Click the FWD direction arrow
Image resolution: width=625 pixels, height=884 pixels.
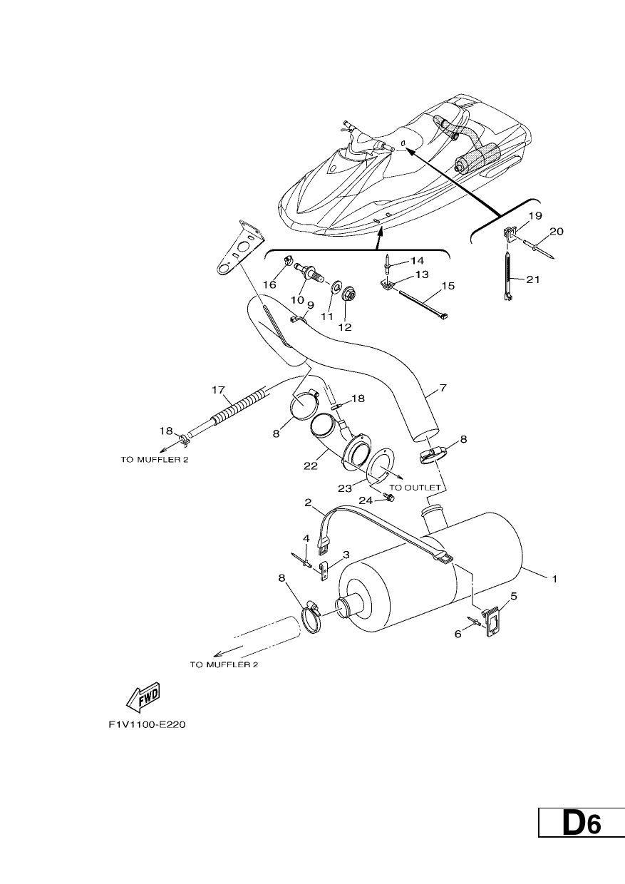pyautogui.click(x=143, y=698)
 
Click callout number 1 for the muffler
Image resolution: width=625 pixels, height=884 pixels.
pyautogui.click(x=554, y=579)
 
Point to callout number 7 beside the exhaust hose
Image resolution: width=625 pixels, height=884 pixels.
pyautogui.click(x=443, y=388)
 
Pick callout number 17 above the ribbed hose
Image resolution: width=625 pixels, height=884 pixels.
pyautogui.click(x=218, y=390)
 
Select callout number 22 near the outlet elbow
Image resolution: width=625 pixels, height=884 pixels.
pyautogui.click(x=311, y=466)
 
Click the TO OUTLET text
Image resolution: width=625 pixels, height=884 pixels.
pyautogui.click(x=415, y=488)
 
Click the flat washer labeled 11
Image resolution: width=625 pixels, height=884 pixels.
pyautogui.click(x=336, y=286)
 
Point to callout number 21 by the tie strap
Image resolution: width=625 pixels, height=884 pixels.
pyautogui.click(x=532, y=279)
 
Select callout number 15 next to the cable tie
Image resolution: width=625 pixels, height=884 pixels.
pyautogui.click(x=448, y=286)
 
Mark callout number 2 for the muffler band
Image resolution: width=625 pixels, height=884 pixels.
pyautogui.click(x=308, y=503)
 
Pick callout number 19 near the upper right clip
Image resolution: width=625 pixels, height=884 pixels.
pyautogui.click(x=535, y=216)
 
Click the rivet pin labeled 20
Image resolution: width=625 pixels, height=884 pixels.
pyautogui.click(x=539, y=252)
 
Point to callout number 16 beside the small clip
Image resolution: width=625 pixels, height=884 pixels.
pyautogui.click(x=270, y=284)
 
